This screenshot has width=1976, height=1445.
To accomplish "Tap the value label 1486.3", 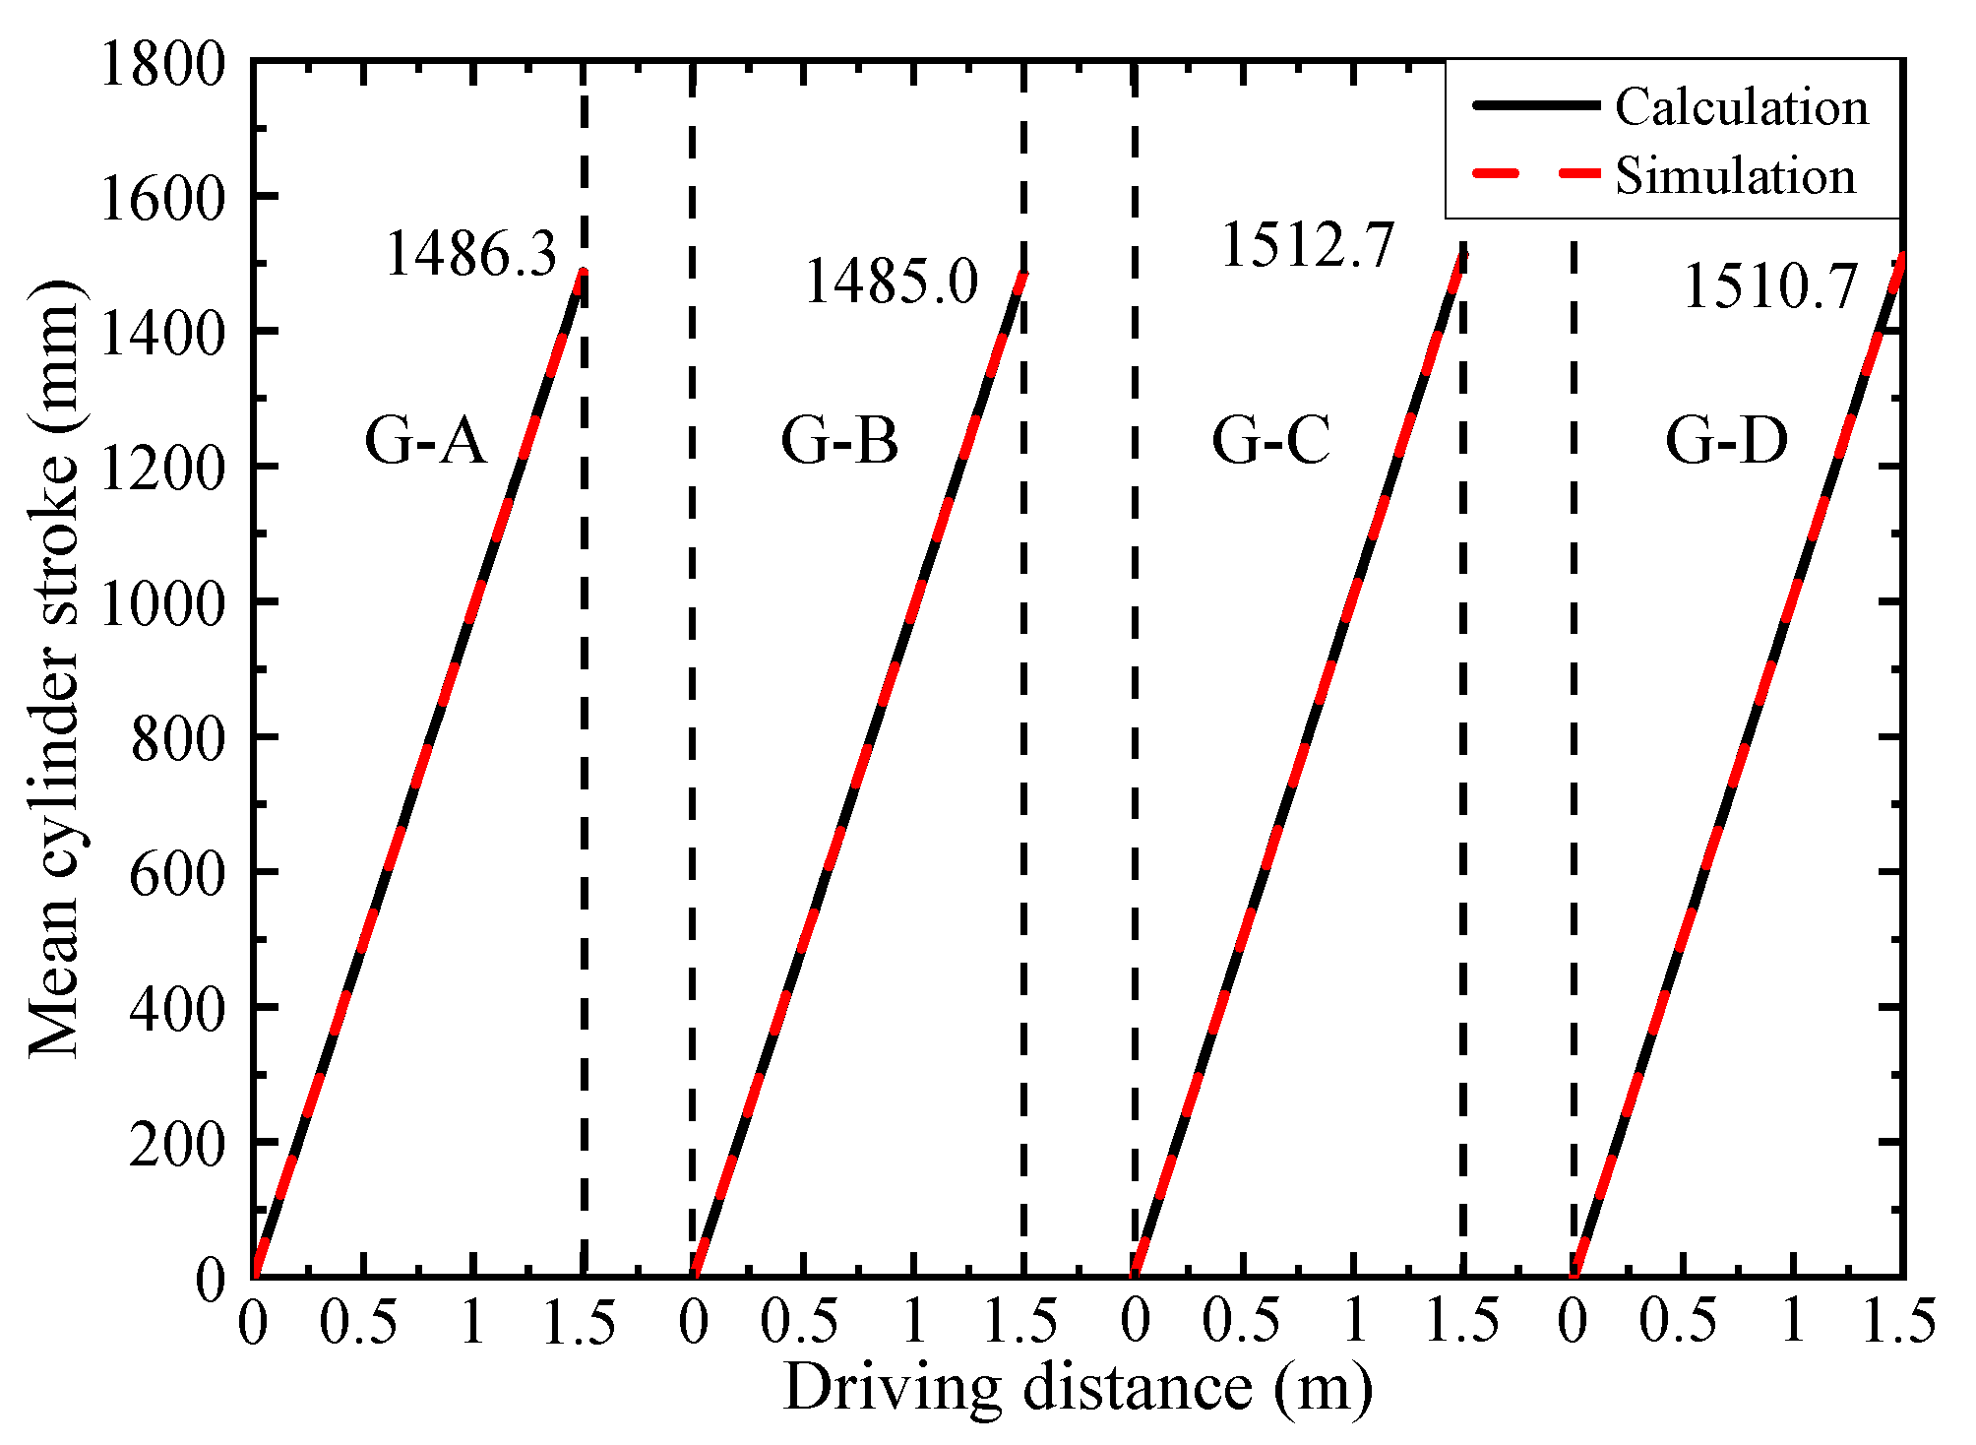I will (471, 253).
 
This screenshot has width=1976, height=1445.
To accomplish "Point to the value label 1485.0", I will (892, 282).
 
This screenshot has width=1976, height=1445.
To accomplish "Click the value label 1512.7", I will (1308, 244).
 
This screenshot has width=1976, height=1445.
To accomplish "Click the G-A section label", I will (425, 440).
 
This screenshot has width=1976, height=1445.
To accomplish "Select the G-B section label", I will (839, 440).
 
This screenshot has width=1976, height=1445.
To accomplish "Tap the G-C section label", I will (1270, 440).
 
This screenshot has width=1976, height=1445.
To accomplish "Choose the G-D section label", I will (1726, 440).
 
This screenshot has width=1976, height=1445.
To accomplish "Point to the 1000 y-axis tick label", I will (163, 602).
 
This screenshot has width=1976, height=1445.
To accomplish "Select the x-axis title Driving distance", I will (1078, 1388).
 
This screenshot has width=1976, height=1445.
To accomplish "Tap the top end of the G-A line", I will (583, 273).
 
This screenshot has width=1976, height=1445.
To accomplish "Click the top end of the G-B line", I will (1023, 274).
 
